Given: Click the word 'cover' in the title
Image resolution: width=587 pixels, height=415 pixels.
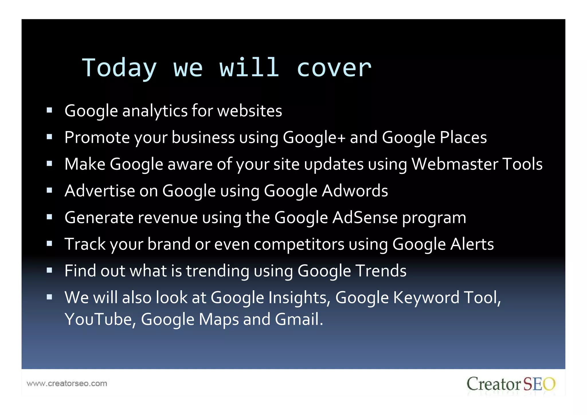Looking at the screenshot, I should pos(334,68).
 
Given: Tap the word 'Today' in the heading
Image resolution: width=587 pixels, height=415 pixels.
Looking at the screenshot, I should pos(119,68).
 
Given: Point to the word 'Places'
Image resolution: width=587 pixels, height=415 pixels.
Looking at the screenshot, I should pos(463,137).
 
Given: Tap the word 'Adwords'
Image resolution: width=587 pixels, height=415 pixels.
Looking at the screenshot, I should pos(355,191).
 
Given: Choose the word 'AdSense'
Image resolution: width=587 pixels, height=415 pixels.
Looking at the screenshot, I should pos(365,217).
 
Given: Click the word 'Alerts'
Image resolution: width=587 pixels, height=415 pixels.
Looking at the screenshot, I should pos(472,244).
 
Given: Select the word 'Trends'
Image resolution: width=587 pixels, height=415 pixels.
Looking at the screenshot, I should pos(381,271).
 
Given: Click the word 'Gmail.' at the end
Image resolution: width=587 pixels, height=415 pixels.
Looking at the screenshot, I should pos(299,319).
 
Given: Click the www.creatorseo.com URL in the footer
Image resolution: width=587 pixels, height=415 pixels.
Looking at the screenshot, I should pos(67,383).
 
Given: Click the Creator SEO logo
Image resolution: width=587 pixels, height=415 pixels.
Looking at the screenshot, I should pos(511,384).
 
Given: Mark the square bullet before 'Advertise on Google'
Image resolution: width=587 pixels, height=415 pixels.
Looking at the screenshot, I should pos(49,190).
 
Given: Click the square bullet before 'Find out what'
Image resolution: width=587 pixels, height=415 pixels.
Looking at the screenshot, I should pos(49,270).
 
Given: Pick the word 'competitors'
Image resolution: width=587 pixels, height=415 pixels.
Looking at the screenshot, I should pos(299,244).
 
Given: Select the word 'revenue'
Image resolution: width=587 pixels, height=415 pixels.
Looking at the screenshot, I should pos(168,217).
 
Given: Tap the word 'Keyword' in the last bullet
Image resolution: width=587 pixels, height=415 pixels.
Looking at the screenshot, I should pos(426,297).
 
